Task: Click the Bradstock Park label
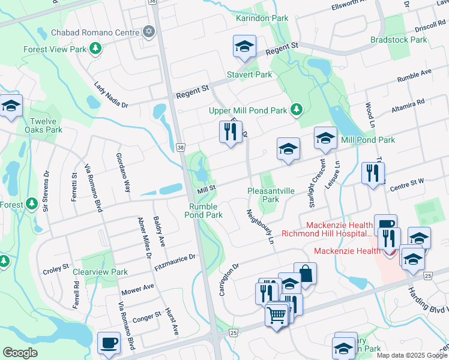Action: point(399,40)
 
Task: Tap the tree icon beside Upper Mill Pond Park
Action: point(295,110)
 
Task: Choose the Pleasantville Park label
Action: point(271,195)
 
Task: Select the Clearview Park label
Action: point(100,272)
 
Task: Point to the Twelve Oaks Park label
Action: point(47,125)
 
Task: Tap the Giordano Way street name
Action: point(123,172)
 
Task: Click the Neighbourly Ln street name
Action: point(259,226)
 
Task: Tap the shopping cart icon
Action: point(277,314)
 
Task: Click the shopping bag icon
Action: point(305,274)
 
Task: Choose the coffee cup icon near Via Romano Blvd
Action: point(109,343)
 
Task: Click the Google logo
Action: point(20,353)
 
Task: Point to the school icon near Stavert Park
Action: point(244,46)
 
